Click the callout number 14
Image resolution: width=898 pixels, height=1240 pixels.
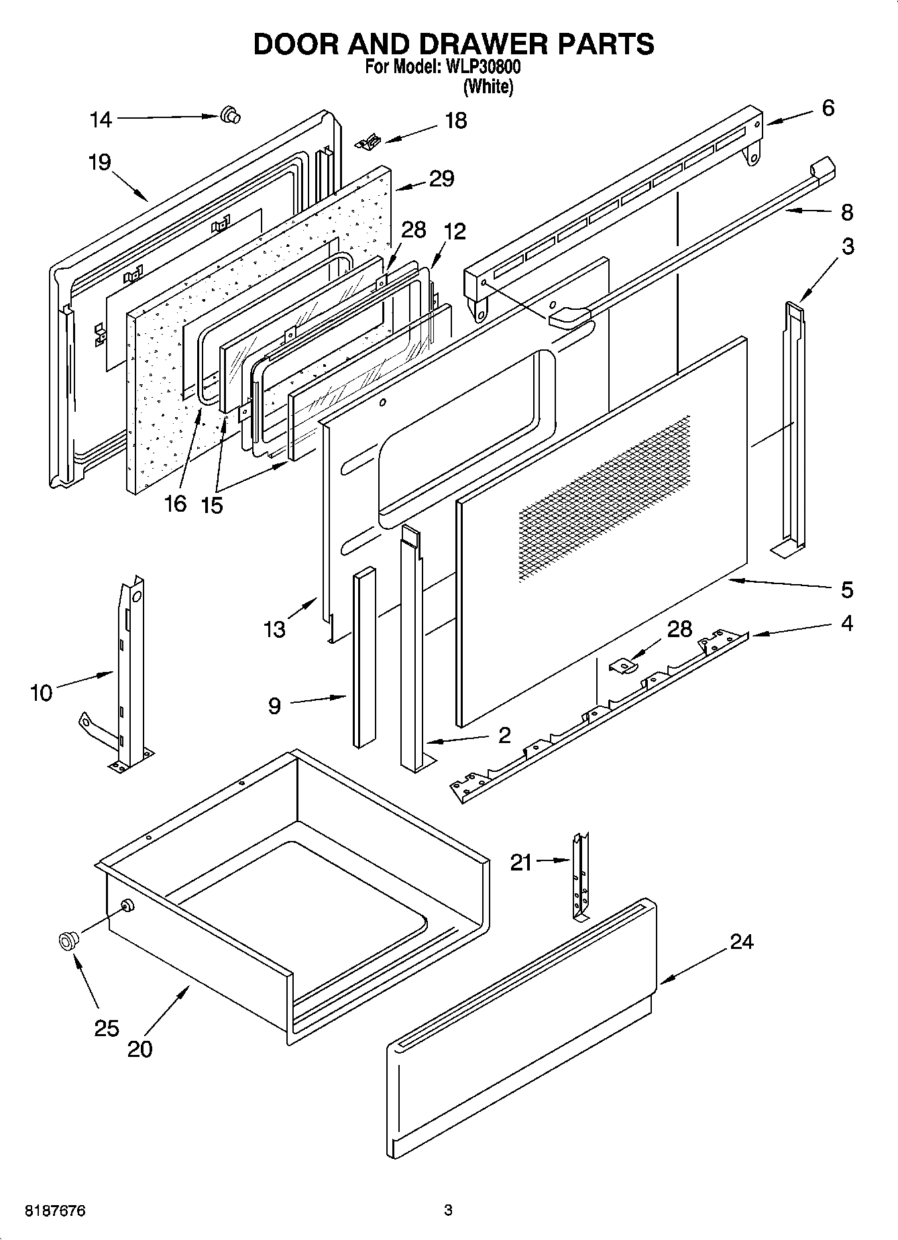pos(101,119)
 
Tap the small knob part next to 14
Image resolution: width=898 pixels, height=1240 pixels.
pos(230,116)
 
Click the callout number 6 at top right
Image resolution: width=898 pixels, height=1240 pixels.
pos(828,107)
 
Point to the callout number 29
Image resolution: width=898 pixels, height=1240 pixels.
pos(441,178)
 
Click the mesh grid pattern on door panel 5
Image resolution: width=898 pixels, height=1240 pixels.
pos(604,496)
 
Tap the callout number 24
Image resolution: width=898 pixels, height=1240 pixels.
pos(741,942)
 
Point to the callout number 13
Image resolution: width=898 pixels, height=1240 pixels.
pos(274,629)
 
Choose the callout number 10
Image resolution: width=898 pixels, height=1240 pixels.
pos(41,692)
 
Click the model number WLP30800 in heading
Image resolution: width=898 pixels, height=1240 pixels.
pos(479,68)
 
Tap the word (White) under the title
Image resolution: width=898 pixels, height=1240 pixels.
pos(488,87)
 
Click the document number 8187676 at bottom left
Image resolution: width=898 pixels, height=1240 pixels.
pos(55,1211)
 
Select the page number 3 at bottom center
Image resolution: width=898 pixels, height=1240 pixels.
pos(448,1210)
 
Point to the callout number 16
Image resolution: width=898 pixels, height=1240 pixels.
pos(175,503)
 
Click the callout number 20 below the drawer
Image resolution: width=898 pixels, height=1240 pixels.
pos(139,1049)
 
